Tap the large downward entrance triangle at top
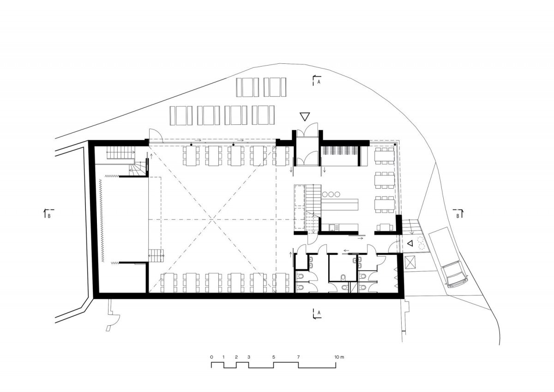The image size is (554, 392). pos(305,116)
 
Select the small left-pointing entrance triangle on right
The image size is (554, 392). pos(410,244)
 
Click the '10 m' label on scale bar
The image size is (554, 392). pos(339,357)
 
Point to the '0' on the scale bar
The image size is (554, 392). pos(211,357)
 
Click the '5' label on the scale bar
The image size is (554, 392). pos(273,357)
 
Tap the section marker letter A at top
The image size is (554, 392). pos(319,82)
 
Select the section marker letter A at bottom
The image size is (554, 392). pos(319,313)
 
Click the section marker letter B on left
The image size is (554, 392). pos(49,216)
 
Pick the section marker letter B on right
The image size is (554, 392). pos(458,216)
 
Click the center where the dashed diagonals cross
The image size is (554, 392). pos(212,220)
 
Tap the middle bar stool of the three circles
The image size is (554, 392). pos(331,195)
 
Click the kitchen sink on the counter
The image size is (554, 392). pos(333,227)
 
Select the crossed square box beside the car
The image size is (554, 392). pos(410,262)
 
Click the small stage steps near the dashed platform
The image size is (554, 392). pos(156,256)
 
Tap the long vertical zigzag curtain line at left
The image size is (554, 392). pos(102,220)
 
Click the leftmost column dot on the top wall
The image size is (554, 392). pos(191,144)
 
